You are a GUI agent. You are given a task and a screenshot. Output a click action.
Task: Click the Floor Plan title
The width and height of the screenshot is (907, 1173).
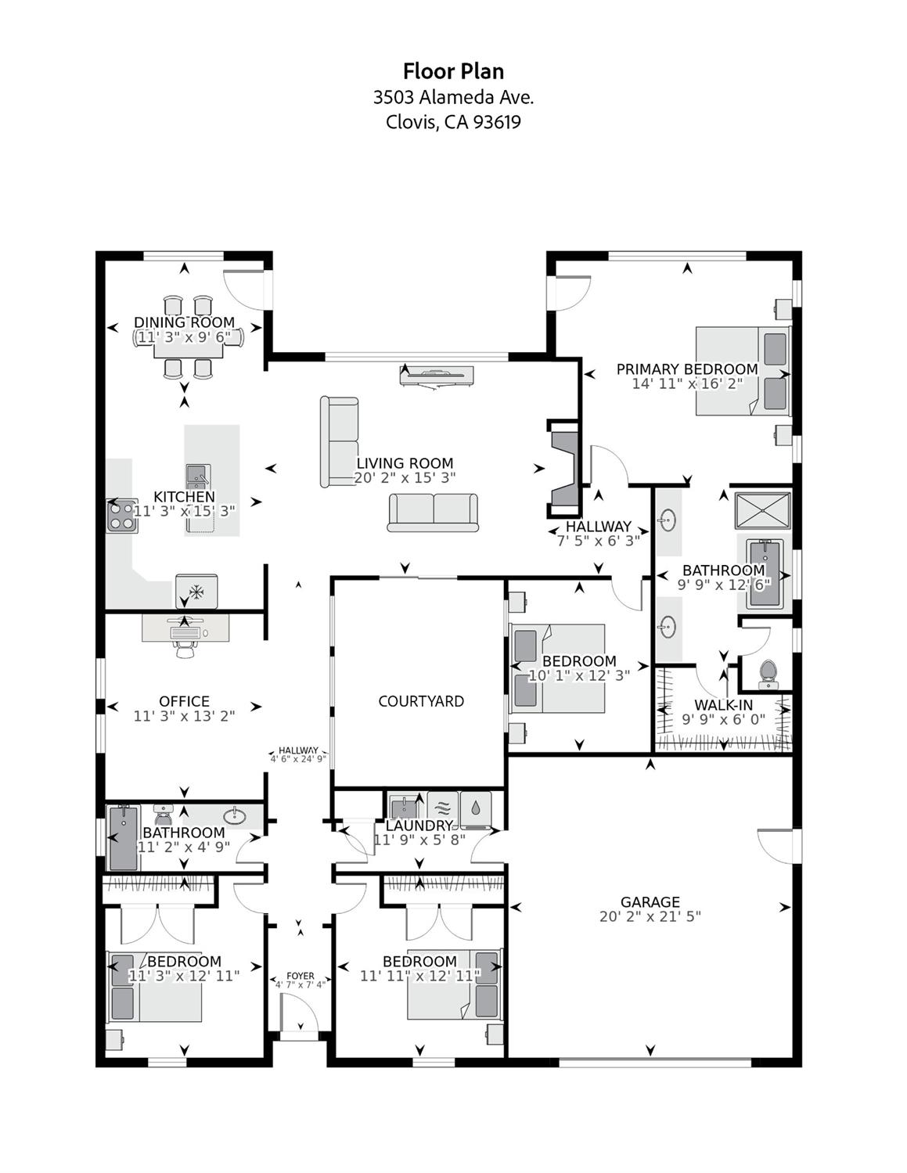453,71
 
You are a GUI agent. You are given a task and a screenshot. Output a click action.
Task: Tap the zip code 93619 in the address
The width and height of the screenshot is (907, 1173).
496,122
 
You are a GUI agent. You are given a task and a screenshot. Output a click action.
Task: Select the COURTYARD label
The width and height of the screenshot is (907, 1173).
421,701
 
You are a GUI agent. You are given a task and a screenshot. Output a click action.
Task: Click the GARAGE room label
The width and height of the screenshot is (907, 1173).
650,901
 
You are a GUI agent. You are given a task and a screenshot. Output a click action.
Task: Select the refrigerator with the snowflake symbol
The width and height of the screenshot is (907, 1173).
196,592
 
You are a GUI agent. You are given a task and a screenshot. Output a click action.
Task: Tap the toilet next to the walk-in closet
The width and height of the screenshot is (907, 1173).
768,672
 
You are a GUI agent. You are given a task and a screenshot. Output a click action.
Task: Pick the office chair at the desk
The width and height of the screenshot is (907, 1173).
185,647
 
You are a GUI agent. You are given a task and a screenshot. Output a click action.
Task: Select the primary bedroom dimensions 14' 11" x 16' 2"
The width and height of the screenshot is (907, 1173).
687,383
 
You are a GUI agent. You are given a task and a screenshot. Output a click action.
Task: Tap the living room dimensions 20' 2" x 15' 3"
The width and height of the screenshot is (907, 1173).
405,477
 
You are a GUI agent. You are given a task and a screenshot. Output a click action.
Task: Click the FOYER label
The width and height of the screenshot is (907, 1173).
301,976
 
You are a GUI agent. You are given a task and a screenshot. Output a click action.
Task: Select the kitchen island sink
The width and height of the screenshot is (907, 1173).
197,474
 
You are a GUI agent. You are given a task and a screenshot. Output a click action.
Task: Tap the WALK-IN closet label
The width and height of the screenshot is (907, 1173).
723,705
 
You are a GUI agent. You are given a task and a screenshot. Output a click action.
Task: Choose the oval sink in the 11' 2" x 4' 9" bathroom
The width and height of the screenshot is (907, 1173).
234,815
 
